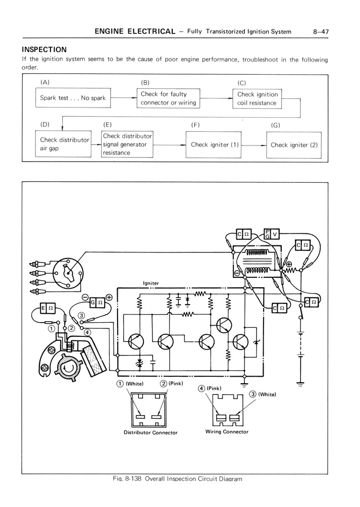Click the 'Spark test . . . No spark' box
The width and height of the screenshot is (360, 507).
(73, 98)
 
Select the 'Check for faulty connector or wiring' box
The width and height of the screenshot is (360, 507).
(168, 98)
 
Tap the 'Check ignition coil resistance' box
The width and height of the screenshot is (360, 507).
(257, 98)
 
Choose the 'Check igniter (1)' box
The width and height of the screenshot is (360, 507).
(214, 145)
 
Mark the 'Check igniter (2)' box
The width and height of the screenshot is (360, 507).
(294, 145)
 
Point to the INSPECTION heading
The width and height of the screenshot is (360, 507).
(44, 49)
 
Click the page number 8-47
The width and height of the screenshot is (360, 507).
(321, 32)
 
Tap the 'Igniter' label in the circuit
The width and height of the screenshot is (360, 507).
(151, 283)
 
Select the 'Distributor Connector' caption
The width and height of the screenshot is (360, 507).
(150, 432)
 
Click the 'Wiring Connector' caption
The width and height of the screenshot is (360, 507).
(227, 432)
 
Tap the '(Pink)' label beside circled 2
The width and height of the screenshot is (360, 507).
(175, 384)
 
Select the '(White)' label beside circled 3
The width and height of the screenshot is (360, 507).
(267, 394)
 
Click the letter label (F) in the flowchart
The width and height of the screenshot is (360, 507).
(196, 124)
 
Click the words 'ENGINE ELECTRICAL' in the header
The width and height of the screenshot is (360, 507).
(135, 32)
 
